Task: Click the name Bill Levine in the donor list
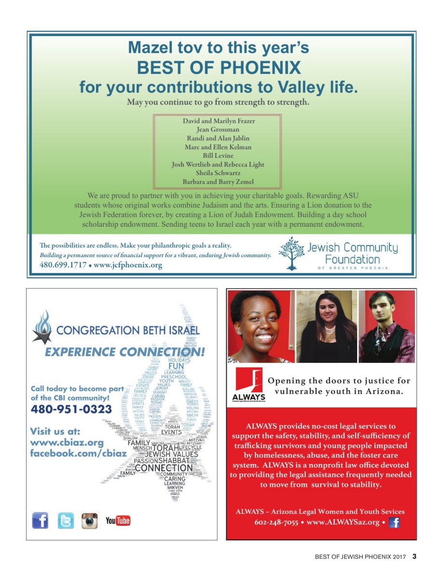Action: click(x=218, y=156)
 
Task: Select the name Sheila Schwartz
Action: click(x=218, y=173)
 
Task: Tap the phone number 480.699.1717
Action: click(x=63, y=265)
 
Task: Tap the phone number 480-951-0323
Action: click(x=71, y=409)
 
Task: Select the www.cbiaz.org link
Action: click(x=67, y=442)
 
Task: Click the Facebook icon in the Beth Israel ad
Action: click(x=41, y=521)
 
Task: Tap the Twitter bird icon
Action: click(x=66, y=521)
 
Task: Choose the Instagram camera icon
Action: click(x=89, y=521)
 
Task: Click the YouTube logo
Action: click(x=118, y=521)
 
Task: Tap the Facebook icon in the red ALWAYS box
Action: click(x=394, y=522)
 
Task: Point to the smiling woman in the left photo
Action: click(x=260, y=326)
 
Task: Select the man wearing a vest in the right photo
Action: click(x=386, y=326)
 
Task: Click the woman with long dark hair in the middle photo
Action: click(x=326, y=326)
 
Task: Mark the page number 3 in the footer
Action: click(x=414, y=556)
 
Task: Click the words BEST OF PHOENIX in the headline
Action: click(x=219, y=68)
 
